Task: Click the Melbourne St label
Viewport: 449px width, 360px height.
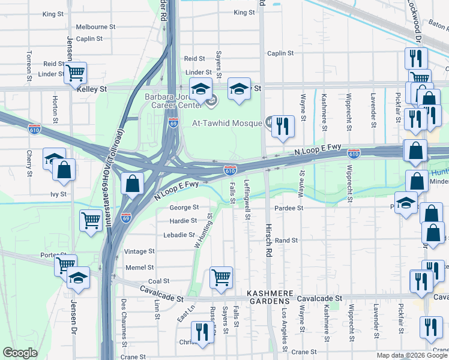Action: (95, 27)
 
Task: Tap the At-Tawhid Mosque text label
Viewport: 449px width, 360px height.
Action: (227, 123)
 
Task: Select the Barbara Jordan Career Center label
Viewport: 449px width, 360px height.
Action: (170, 100)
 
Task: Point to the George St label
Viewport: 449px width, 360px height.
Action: (183, 208)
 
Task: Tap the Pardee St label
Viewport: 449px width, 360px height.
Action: (290, 208)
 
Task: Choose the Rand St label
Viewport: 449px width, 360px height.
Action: (286, 240)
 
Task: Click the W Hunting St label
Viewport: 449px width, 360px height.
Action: (202, 232)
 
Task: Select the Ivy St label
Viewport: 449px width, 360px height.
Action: (58, 194)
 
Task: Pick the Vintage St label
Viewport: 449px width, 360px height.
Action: (139, 251)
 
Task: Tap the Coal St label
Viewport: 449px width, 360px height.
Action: (158, 281)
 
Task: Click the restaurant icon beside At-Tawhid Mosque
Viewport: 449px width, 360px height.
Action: (282, 127)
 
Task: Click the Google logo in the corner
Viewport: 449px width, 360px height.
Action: (20, 353)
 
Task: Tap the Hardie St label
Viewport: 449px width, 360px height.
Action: (183, 221)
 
